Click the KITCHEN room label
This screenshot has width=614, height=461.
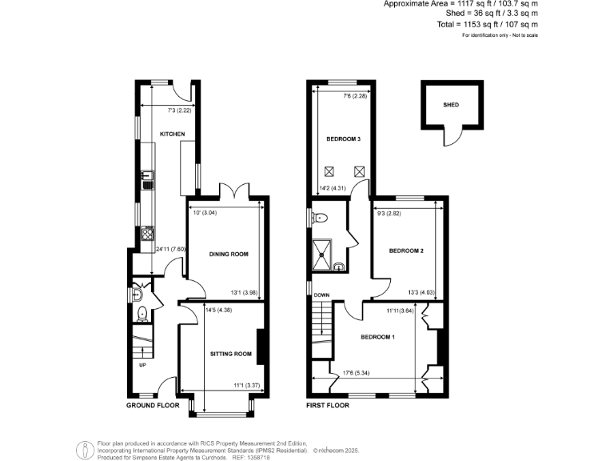coord(173,134)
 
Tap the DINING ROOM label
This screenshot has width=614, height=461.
coord(229,254)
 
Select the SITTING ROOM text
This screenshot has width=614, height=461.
coord(230,353)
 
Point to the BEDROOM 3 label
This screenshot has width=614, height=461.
coord(344,139)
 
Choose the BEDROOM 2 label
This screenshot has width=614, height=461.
coord(406,251)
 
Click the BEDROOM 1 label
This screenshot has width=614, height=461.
coord(377,337)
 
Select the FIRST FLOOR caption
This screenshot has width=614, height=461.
coord(329,406)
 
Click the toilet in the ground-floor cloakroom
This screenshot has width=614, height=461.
coord(141,313)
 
